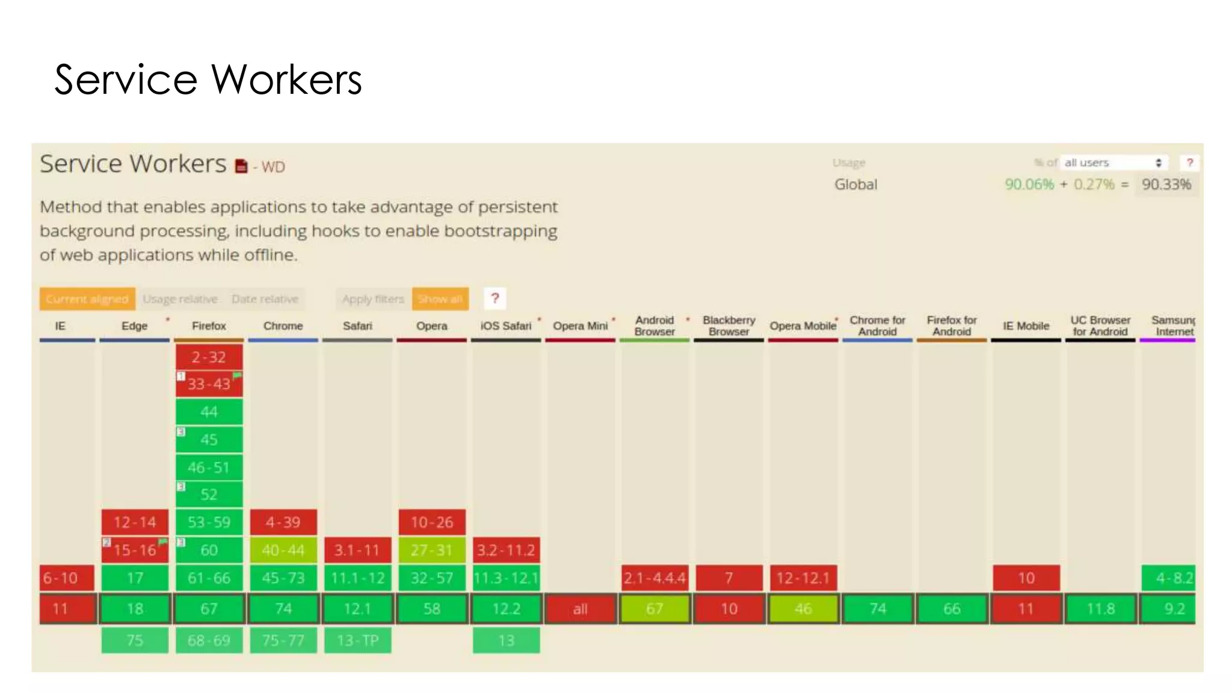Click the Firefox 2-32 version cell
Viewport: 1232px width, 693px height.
pyautogui.click(x=209, y=357)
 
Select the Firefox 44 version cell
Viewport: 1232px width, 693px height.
pyautogui.click(x=209, y=412)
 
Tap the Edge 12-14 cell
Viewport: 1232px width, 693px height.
pyautogui.click(x=135, y=522)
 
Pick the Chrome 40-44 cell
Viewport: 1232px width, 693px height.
pyautogui.click(x=283, y=550)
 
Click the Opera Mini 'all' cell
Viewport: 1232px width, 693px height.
pyautogui.click(x=580, y=609)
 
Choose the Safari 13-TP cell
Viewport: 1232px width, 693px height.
pyautogui.click(x=357, y=640)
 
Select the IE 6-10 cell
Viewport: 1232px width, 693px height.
pyautogui.click(x=67, y=578)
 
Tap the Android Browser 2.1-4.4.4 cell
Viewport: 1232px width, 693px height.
pyautogui.click(x=654, y=578)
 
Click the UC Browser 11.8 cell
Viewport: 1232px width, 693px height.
pyautogui.click(x=1100, y=609)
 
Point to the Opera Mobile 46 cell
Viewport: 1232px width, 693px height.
pyautogui.click(x=803, y=609)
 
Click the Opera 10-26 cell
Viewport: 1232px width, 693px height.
pyautogui.click(x=432, y=522)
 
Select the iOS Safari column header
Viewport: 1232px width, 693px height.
pyautogui.click(x=506, y=325)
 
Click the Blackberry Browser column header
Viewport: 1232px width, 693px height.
pyautogui.click(x=728, y=325)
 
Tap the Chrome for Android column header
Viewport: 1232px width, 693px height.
pyautogui.click(x=877, y=325)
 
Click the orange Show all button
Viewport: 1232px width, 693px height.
pyautogui.click(x=440, y=299)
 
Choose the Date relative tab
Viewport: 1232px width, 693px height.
pyautogui.click(x=265, y=299)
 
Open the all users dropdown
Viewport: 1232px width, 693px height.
pyautogui.click(x=1113, y=162)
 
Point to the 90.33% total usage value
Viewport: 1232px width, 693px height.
pyautogui.click(x=1166, y=184)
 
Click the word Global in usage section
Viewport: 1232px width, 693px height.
pyautogui.click(x=855, y=184)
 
